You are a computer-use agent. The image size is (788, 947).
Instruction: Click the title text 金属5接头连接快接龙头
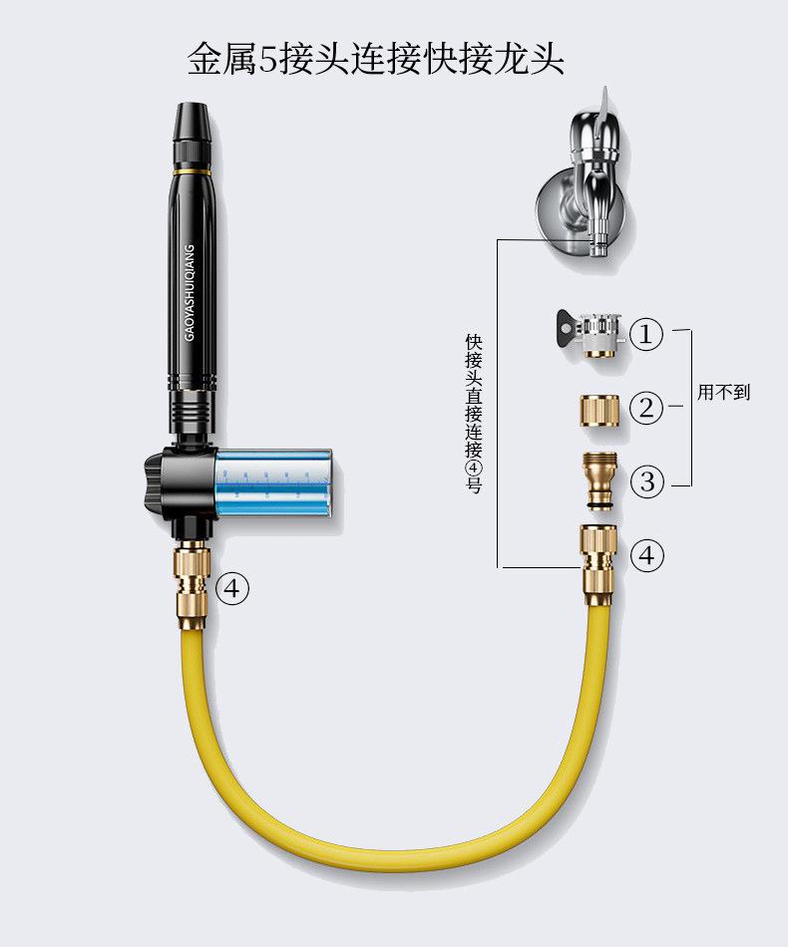(x=375, y=59)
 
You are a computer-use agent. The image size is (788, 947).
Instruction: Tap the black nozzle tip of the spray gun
(x=193, y=122)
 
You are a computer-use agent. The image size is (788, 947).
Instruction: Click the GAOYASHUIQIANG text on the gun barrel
(x=190, y=293)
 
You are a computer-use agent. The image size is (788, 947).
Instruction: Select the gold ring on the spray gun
(x=193, y=171)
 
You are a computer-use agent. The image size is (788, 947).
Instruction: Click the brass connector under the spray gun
(x=194, y=584)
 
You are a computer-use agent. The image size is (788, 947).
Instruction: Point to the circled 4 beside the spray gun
(x=232, y=588)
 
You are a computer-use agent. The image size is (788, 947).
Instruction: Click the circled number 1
(x=646, y=333)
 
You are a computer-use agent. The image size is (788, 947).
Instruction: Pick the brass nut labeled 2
(x=600, y=410)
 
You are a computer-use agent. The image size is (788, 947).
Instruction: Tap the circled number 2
(x=646, y=408)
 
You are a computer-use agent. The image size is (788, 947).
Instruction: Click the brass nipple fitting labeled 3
(x=600, y=481)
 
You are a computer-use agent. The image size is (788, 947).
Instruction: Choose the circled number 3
(x=646, y=481)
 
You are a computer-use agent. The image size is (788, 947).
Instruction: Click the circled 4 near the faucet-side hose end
(x=646, y=554)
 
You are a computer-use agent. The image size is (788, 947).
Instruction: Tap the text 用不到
(x=723, y=392)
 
